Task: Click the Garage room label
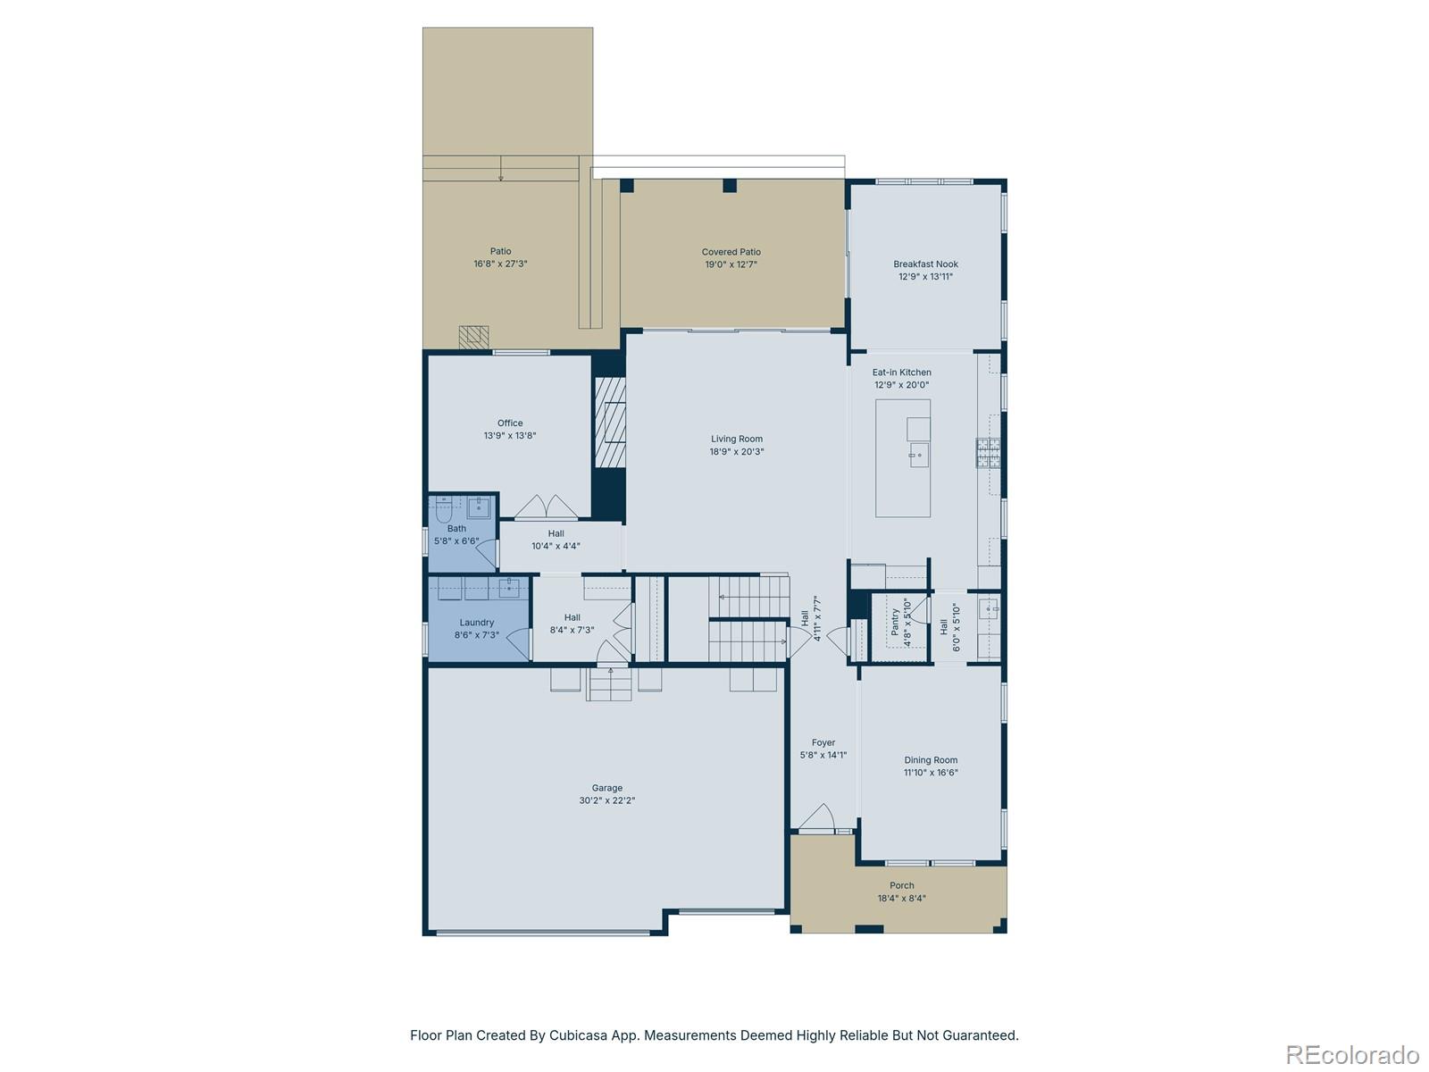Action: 606,788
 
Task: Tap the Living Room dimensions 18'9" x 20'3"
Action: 737,452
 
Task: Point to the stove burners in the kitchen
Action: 988,453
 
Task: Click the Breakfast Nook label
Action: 925,264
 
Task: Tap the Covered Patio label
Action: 731,252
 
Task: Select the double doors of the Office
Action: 547,507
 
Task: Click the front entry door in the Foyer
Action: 817,818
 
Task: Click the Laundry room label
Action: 476,623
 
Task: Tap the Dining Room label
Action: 931,760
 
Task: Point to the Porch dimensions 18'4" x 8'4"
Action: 901,899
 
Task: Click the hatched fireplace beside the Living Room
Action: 611,423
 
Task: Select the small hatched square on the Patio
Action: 474,337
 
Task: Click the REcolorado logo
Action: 1354,1054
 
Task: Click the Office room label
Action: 510,423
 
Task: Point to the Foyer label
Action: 823,742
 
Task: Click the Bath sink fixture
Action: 480,507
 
